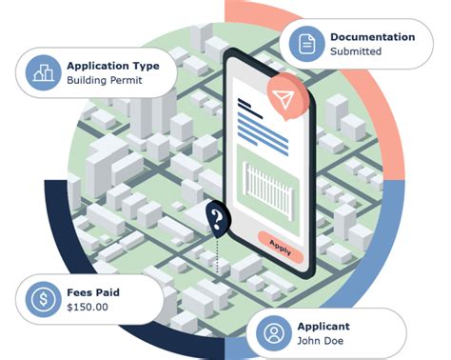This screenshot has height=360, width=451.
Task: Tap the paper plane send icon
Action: click(x=282, y=99)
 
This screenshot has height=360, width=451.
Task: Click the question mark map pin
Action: click(x=217, y=222)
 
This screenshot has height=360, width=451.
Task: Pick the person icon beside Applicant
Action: click(x=274, y=333)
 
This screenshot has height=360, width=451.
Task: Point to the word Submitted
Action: click(x=356, y=51)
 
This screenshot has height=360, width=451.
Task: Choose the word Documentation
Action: click(x=372, y=36)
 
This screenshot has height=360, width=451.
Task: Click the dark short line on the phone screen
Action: click(x=250, y=102)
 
